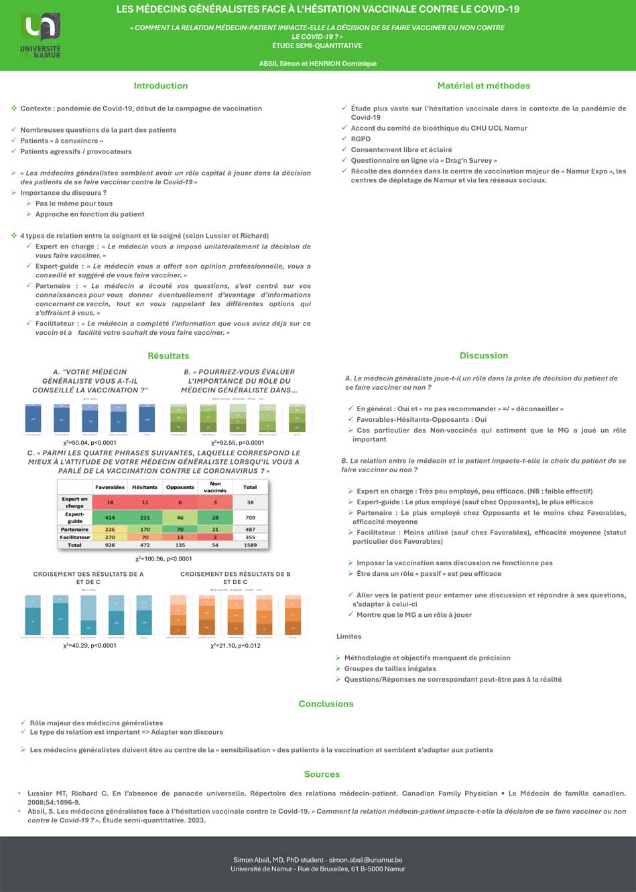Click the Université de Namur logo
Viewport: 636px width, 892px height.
click(x=40, y=35)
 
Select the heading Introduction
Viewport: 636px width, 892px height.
click(x=160, y=86)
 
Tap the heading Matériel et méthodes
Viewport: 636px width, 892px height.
click(x=483, y=86)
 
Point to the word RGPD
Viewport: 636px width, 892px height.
click(x=361, y=139)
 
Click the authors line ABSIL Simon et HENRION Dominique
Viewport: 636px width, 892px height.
click(x=318, y=64)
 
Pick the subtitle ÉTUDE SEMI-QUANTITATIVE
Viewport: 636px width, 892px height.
click(x=317, y=46)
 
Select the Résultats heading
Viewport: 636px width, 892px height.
click(x=168, y=356)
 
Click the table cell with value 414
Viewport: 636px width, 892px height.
click(x=110, y=518)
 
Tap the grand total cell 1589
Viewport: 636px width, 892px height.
click(x=250, y=545)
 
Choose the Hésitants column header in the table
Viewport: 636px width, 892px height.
click(x=145, y=487)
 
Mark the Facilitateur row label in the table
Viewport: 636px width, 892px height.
click(x=74, y=537)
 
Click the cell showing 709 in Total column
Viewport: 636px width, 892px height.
click(x=250, y=518)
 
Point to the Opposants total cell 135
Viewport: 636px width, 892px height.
click(x=180, y=545)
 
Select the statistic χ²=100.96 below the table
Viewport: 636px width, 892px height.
click(x=164, y=559)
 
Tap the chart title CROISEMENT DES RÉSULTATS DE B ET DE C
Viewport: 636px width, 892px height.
click(x=235, y=578)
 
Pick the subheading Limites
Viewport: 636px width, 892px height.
click(x=348, y=636)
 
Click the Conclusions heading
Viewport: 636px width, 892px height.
click(x=326, y=704)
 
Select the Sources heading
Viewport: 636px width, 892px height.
click(x=322, y=774)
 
